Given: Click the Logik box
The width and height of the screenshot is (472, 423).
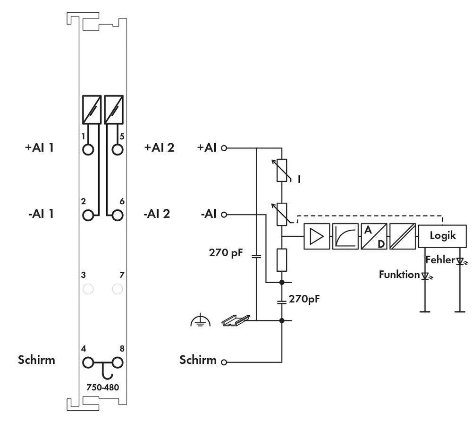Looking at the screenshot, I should [x=442, y=235].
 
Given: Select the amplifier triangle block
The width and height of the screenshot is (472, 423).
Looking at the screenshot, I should [x=317, y=236].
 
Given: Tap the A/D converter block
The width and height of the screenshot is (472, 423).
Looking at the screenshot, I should [x=374, y=236].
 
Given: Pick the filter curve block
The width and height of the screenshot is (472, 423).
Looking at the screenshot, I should [x=345, y=236].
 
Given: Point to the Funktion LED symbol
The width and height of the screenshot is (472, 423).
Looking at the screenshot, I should [x=425, y=275].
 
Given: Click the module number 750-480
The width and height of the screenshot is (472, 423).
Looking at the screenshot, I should [x=102, y=387].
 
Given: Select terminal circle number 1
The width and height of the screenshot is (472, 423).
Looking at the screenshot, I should [x=88, y=149].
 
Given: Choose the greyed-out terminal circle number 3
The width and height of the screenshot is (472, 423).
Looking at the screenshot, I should [x=88, y=288].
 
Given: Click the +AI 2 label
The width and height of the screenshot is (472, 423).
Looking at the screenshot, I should [x=159, y=147].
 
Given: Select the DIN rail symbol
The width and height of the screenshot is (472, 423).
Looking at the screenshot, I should [x=235, y=321].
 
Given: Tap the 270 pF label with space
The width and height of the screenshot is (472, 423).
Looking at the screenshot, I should [x=226, y=253].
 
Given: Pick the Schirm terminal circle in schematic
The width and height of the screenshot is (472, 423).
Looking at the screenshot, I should [x=224, y=363].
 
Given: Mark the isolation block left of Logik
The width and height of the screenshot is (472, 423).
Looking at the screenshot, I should [x=402, y=236].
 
